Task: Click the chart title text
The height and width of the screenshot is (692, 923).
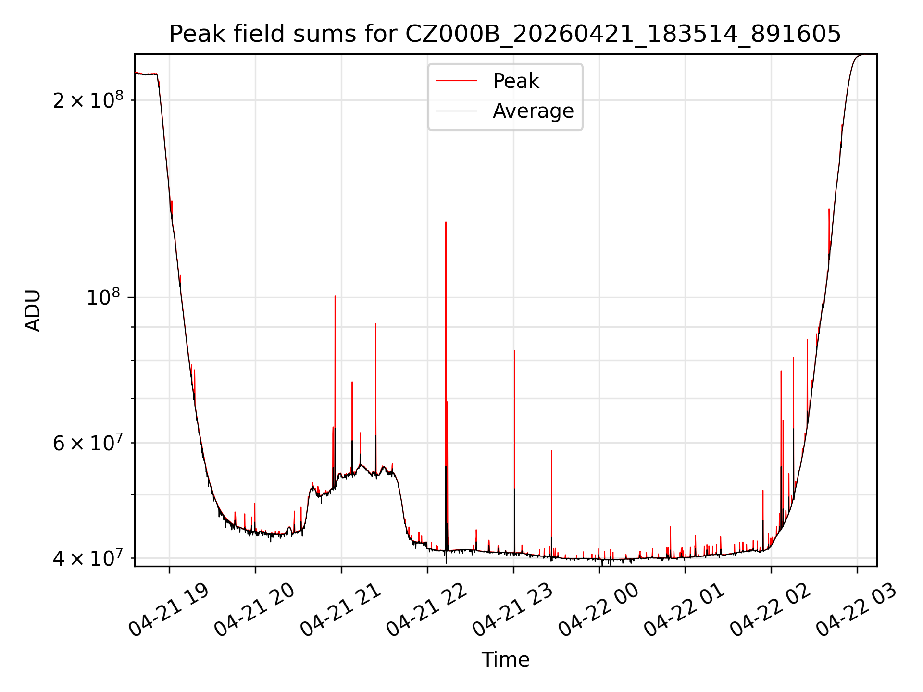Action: (x=505, y=34)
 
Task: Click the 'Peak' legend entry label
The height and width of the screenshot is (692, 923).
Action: (x=516, y=81)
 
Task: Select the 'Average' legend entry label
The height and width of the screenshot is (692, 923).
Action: (x=533, y=111)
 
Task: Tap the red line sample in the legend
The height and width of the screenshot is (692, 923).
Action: (x=456, y=81)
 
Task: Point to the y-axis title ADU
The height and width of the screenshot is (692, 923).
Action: (x=33, y=310)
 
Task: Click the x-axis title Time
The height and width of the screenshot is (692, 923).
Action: (x=505, y=660)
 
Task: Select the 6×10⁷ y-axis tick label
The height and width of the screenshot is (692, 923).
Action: (x=88, y=442)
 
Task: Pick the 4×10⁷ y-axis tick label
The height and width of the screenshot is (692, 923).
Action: (x=88, y=558)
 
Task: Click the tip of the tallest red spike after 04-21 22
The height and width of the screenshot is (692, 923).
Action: (x=446, y=222)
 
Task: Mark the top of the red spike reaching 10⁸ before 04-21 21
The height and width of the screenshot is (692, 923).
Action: (x=335, y=296)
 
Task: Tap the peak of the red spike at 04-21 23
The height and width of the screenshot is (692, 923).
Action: (x=514, y=351)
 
